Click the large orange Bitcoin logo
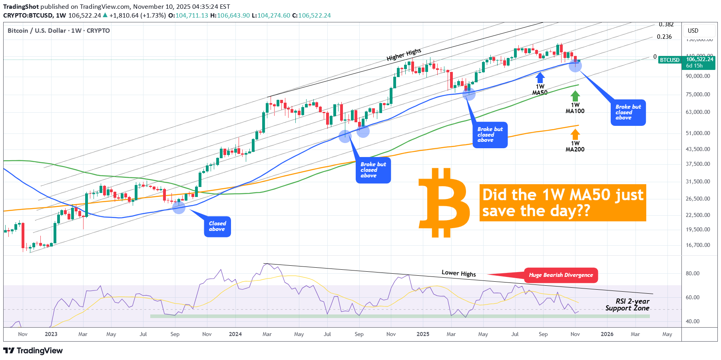click(444, 203)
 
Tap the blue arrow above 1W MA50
click(540, 77)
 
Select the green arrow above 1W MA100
click(575, 96)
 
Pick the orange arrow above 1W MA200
click(575, 134)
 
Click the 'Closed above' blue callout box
click(217, 227)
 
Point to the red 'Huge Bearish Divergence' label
click(561, 275)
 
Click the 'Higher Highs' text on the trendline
click(404, 54)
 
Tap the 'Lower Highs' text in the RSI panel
click(458, 273)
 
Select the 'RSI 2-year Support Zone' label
click(627, 305)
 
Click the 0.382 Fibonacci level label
click(666, 25)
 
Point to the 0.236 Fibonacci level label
click(664, 37)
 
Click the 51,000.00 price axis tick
click(698, 133)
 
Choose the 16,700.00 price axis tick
click(698, 245)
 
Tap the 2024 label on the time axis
click(235, 334)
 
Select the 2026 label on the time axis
click(607, 334)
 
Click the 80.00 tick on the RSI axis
click(693, 274)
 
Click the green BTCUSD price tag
click(669, 60)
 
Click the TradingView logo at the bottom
click(33, 351)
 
